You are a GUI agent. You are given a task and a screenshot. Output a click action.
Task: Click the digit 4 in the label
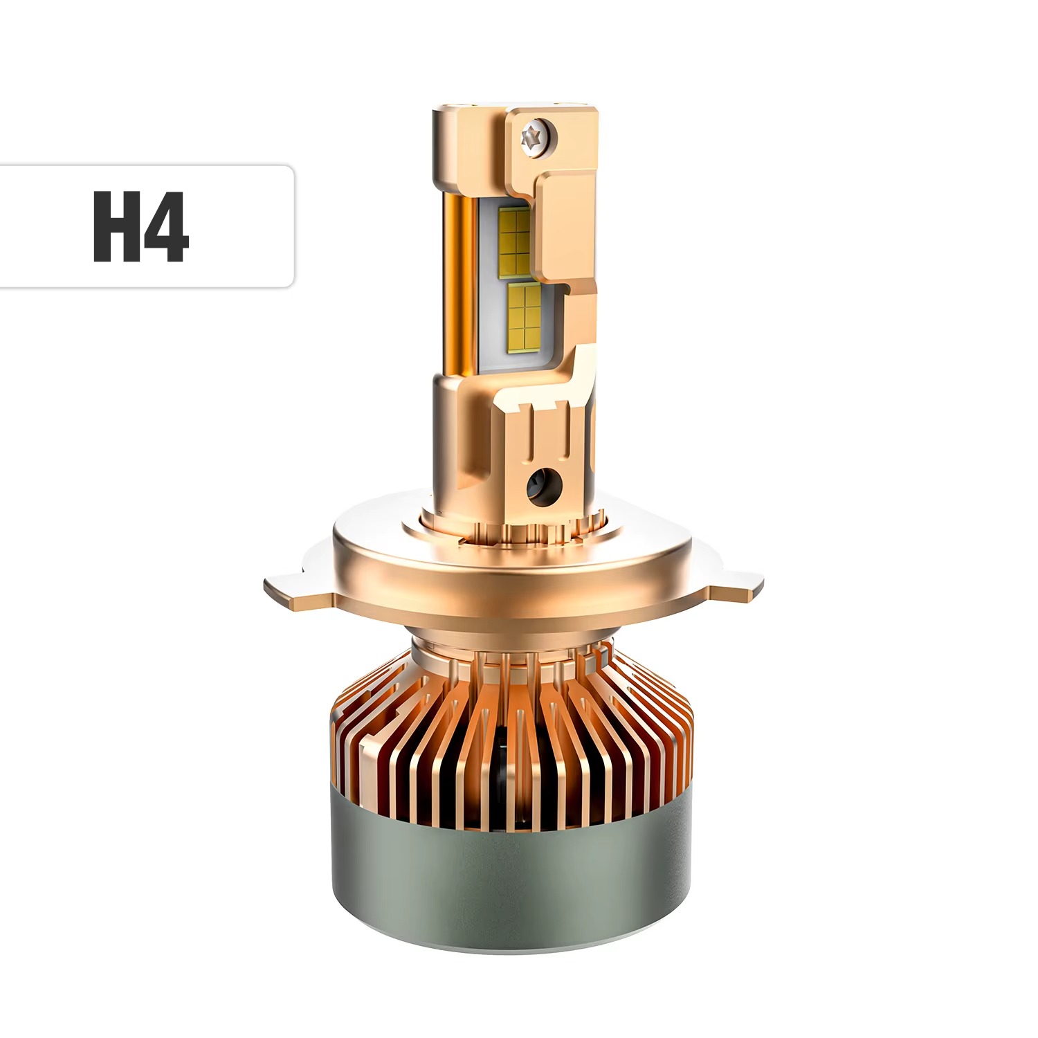(166, 226)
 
